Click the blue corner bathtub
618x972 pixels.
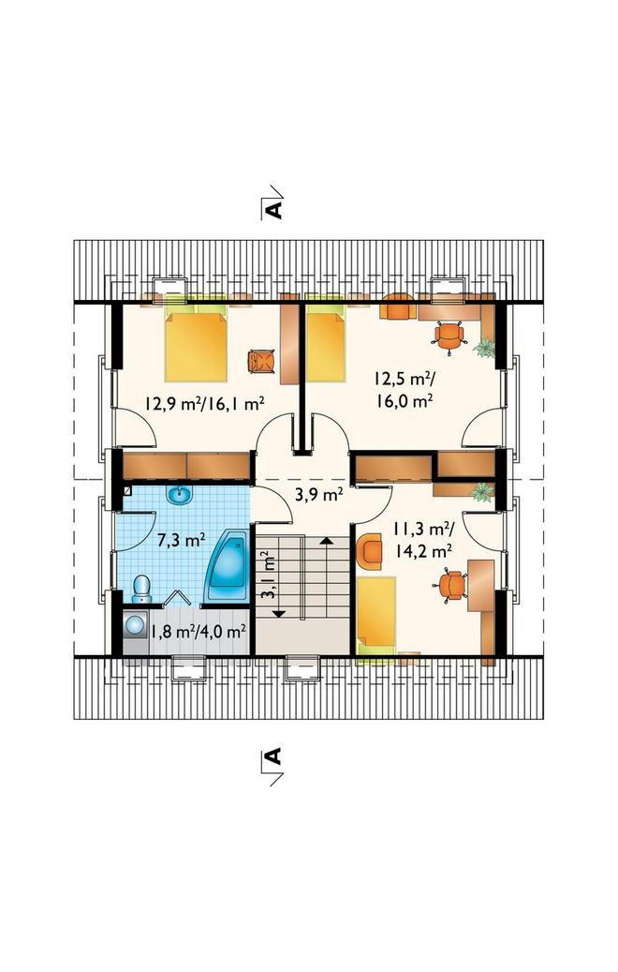[x=226, y=566]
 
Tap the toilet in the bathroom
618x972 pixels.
[x=141, y=589]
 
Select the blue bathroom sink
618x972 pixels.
[x=180, y=495]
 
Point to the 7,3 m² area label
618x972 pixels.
[x=181, y=540]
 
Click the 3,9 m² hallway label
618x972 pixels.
[x=319, y=494]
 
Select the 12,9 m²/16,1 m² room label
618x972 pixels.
[x=205, y=404]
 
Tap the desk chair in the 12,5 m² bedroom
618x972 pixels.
[x=449, y=337]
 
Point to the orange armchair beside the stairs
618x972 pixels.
[x=370, y=551]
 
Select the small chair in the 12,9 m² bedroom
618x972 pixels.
[x=260, y=362]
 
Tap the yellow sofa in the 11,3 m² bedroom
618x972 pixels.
[x=375, y=610]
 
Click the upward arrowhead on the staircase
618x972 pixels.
[x=326, y=541]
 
